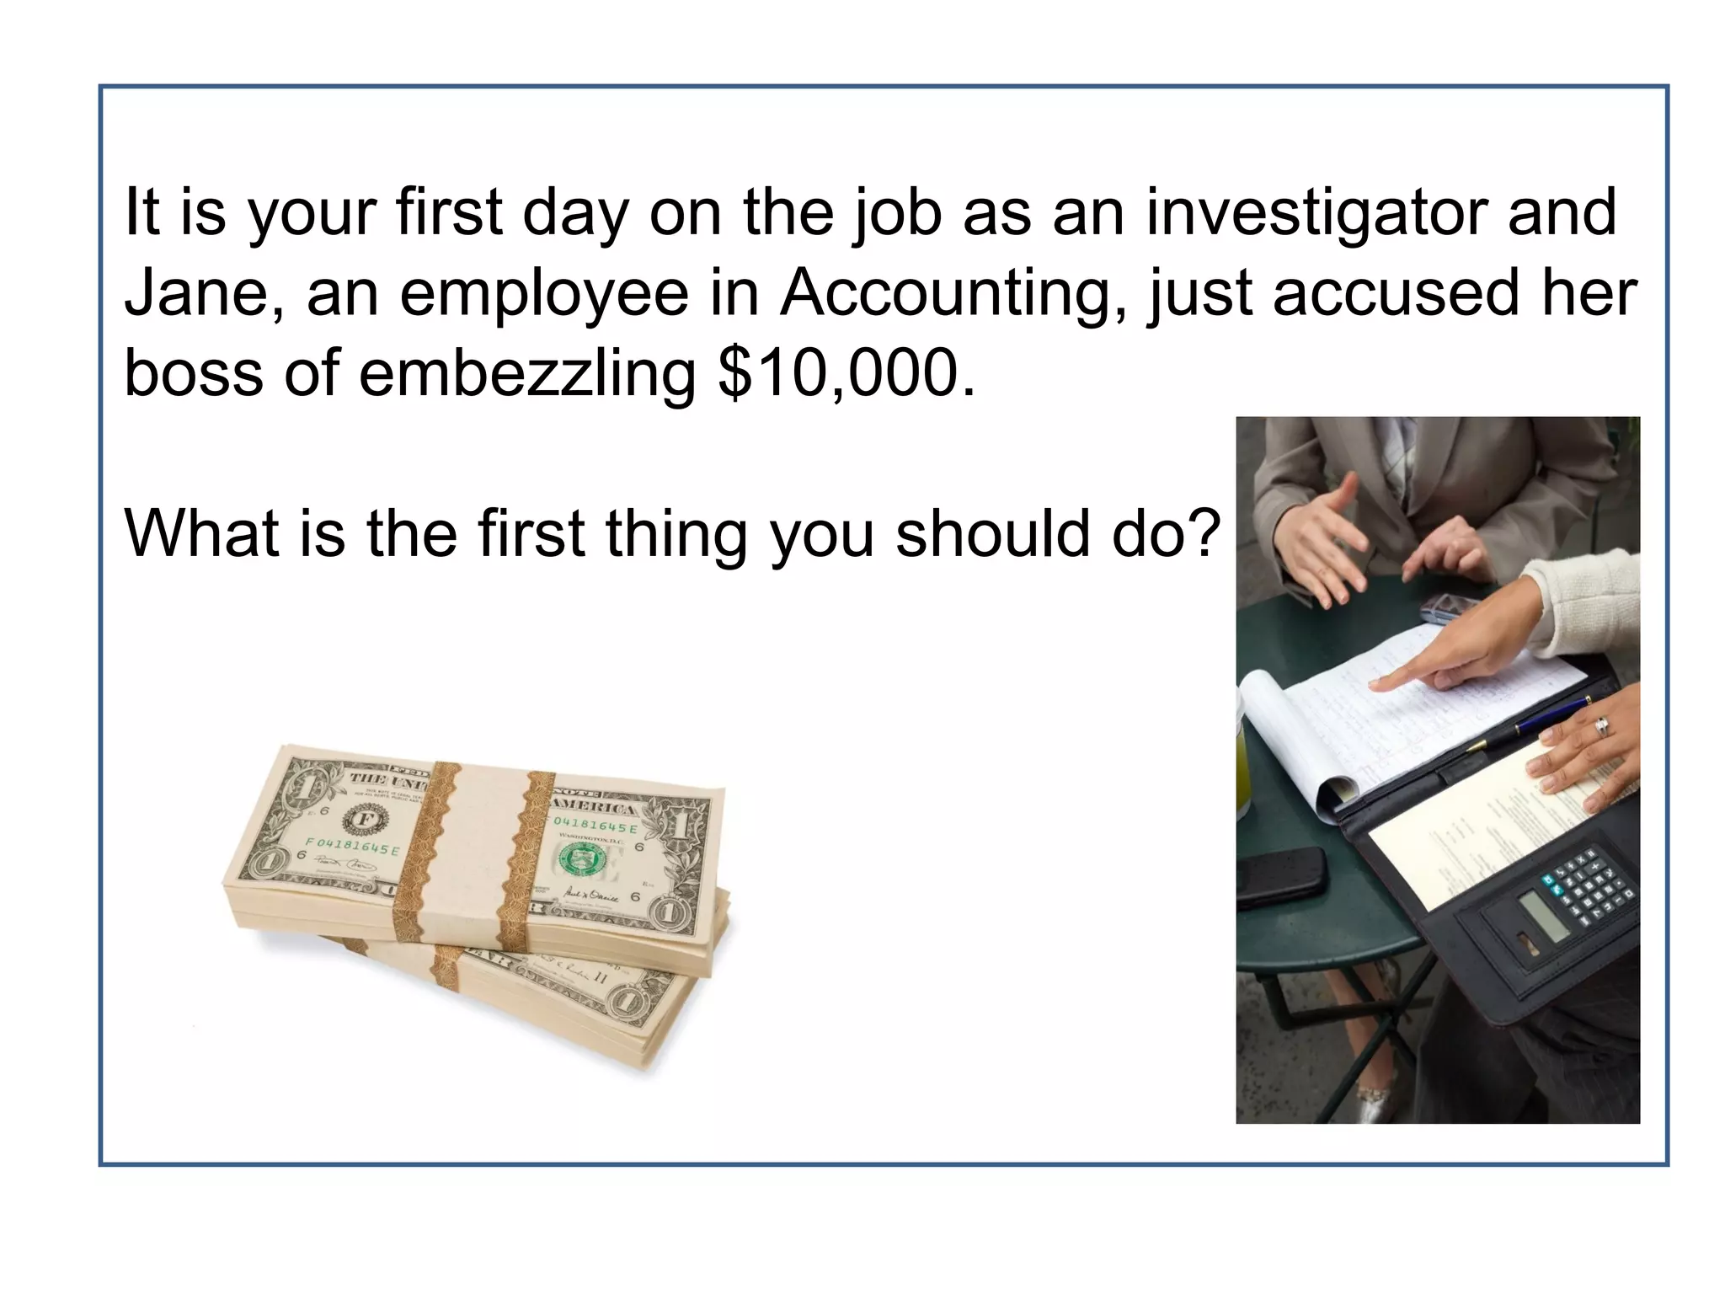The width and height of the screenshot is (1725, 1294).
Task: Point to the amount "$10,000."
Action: pyautogui.click(x=846, y=373)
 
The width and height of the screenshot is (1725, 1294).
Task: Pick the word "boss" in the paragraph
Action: pyautogui.click(x=195, y=373)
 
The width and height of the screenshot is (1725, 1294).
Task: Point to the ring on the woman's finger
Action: pyautogui.click(x=1602, y=725)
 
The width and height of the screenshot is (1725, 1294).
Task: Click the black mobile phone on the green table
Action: pyautogui.click(x=1280, y=876)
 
